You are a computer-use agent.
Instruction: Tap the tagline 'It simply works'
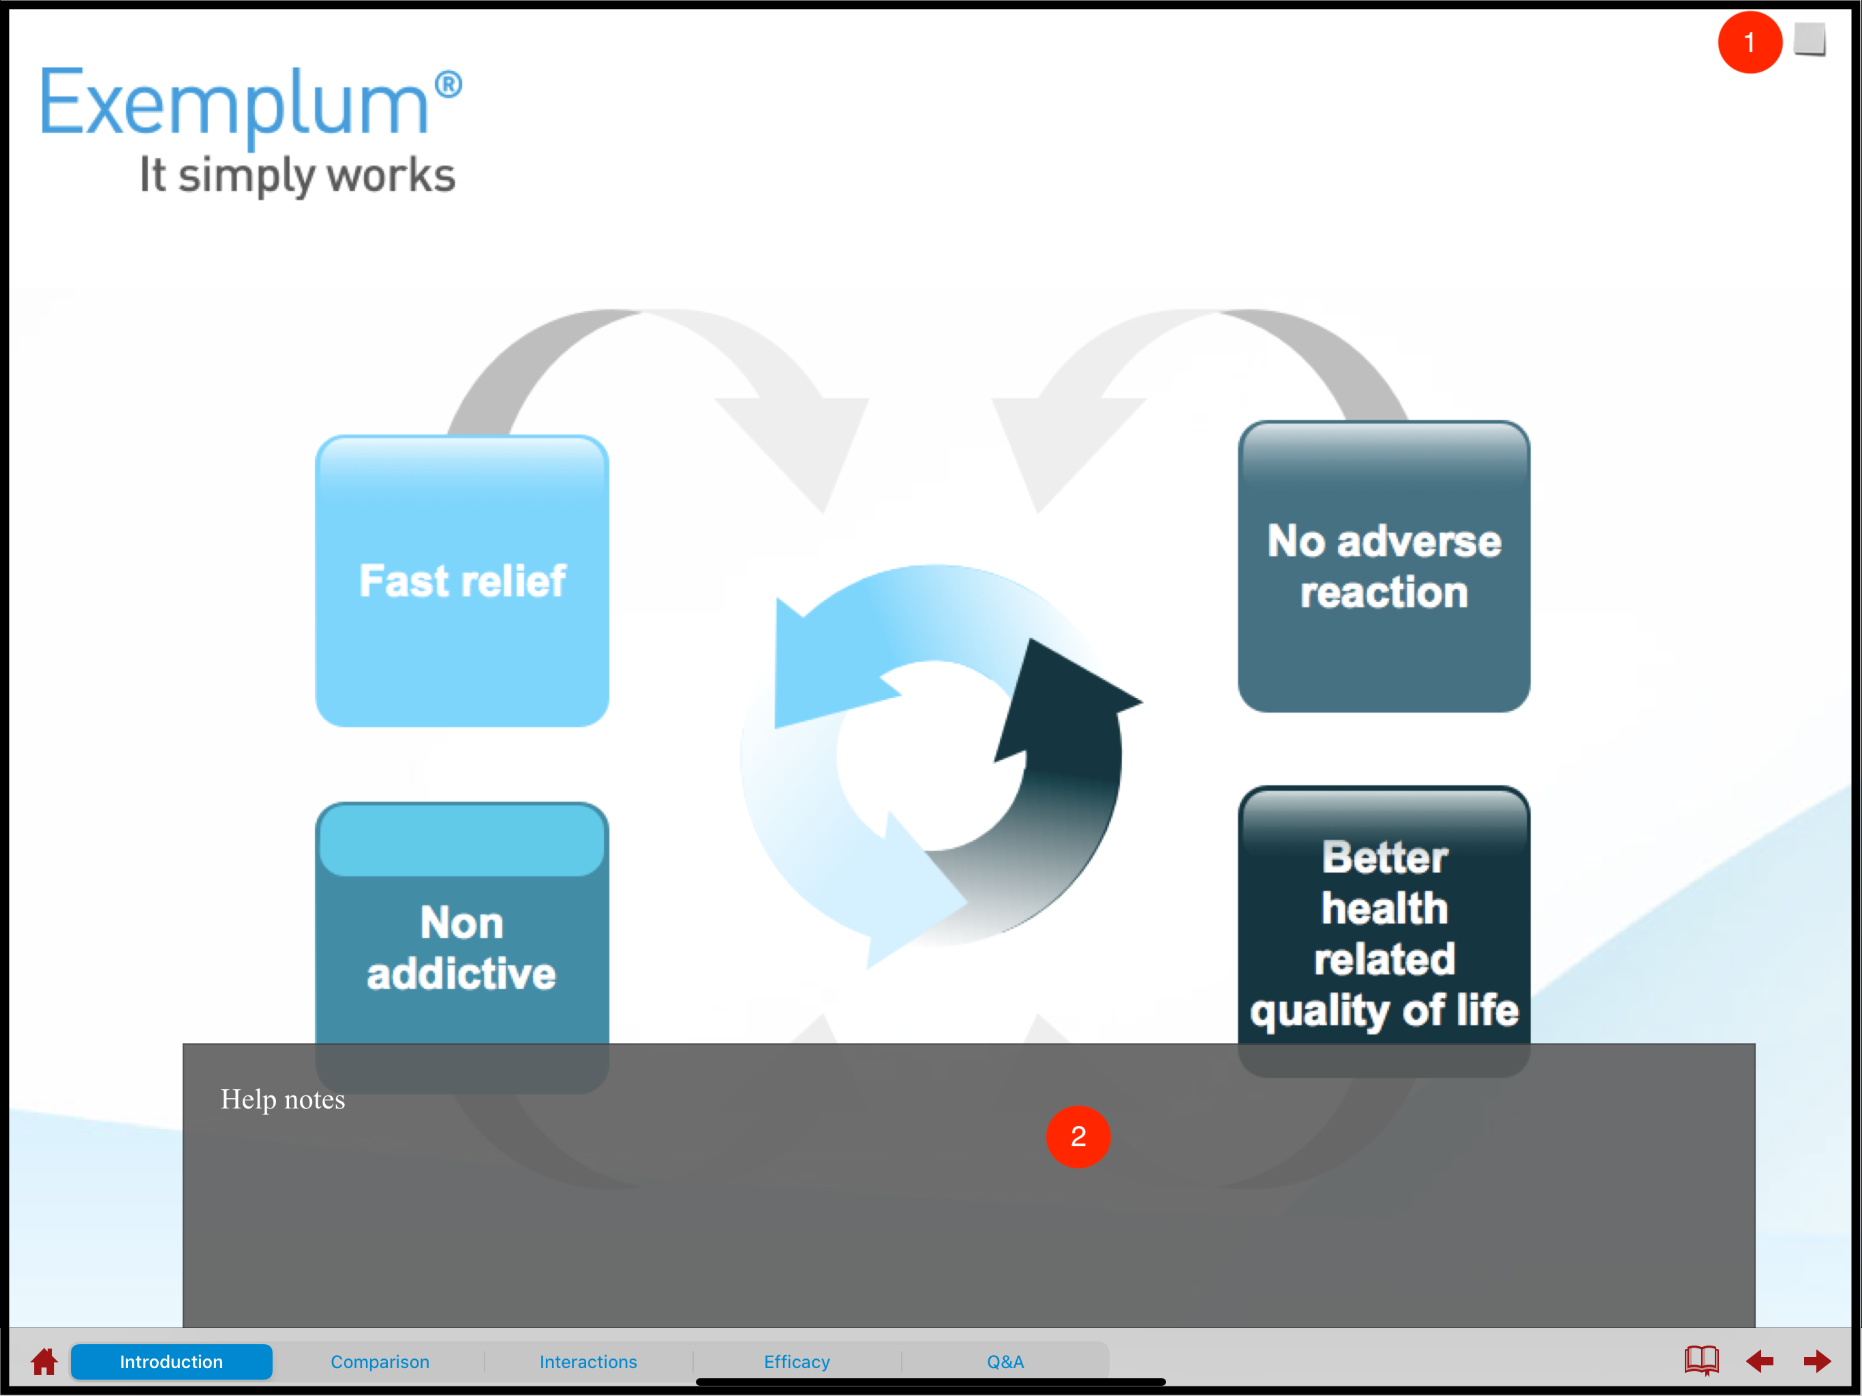[297, 175]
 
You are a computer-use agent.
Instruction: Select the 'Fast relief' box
[462, 581]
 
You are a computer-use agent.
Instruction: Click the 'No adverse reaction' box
[1383, 566]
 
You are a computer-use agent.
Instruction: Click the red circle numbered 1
[1749, 42]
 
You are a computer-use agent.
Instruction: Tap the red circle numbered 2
[1078, 1137]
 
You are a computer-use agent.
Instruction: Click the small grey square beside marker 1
[1809, 39]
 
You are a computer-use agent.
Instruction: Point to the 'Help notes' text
[283, 1099]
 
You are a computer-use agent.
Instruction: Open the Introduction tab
[172, 1361]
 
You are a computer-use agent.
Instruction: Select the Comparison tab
[380, 1361]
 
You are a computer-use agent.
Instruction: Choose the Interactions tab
[587, 1361]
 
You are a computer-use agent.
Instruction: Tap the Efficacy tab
[796, 1361]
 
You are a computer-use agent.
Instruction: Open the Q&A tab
[1005, 1361]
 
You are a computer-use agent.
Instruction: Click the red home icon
[44, 1361]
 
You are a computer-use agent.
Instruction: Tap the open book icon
[1700, 1360]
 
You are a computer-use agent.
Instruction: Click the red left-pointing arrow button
[1759, 1361]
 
